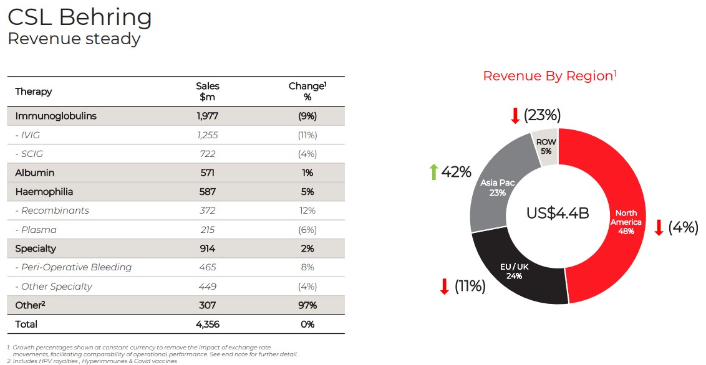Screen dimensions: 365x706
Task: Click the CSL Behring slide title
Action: pyautogui.click(x=79, y=17)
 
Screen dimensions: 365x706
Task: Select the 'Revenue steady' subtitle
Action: pyautogui.click(x=74, y=39)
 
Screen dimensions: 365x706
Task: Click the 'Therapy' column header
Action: pyautogui.click(x=34, y=92)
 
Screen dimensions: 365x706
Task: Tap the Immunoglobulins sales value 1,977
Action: pyautogui.click(x=208, y=116)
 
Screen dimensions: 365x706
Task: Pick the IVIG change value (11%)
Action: pyautogui.click(x=307, y=135)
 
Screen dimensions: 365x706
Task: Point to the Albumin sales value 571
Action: pyautogui.click(x=208, y=173)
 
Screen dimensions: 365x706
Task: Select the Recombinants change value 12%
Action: pyautogui.click(x=307, y=211)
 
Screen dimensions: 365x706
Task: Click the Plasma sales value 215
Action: pyautogui.click(x=208, y=230)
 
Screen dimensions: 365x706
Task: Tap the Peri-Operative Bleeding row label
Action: pyautogui.click(x=73, y=267)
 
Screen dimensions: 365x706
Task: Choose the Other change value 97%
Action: pyautogui.click(x=307, y=305)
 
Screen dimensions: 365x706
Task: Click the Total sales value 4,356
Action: pyautogui.click(x=208, y=325)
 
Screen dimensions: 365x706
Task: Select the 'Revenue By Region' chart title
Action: pyautogui.click(x=549, y=76)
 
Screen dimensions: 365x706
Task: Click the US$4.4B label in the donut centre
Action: pyautogui.click(x=558, y=213)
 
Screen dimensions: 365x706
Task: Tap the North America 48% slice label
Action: pyautogui.click(x=626, y=222)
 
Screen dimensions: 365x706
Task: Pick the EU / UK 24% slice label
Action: pyautogui.click(x=515, y=272)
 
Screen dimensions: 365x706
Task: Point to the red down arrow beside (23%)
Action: pyautogui.click(x=515, y=115)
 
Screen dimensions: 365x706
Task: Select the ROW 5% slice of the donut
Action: pyautogui.click(x=546, y=147)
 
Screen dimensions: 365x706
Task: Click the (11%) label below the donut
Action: pyautogui.click(x=470, y=287)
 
